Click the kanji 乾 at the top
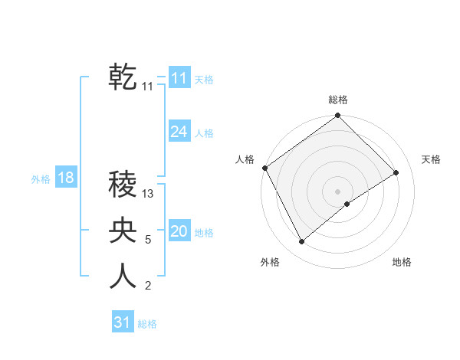(x=123, y=77)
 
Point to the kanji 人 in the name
(x=123, y=276)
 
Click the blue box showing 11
(x=179, y=78)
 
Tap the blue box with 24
(x=179, y=132)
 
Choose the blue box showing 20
(x=179, y=231)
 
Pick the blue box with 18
(x=65, y=178)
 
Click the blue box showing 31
(x=122, y=322)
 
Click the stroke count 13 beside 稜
(x=149, y=195)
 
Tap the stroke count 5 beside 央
(x=148, y=240)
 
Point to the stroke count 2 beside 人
(x=148, y=286)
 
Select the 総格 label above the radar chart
(x=337, y=100)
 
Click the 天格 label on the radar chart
(x=431, y=159)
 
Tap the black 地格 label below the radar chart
(x=402, y=262)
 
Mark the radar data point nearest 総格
(x=337, y=116)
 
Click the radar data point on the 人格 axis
(x=265, y=168)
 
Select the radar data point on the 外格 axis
(x=301, y=242)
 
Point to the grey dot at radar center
(x=337, y=191)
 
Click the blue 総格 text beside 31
(x=147, y=324)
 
